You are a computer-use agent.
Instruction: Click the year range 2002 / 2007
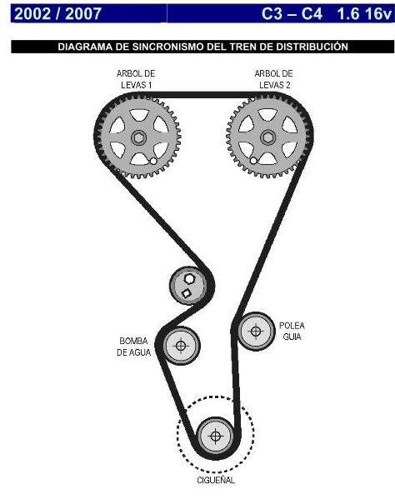pos(57,13)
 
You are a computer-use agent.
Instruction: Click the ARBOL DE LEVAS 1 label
pos(135,79)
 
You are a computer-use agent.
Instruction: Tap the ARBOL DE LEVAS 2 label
pos(272,79)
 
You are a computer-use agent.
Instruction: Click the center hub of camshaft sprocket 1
pos(138,137)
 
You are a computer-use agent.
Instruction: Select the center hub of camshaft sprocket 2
pos(267,137)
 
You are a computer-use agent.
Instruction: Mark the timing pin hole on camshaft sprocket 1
pos(155,161)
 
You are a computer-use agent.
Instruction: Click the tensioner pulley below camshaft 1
pos(189,286)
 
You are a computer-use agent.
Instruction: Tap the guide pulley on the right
pos(256,331)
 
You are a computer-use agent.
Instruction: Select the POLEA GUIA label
pos(291,332)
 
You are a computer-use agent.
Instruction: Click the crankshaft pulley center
pos(215,436)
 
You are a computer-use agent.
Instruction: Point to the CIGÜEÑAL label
pos(214,480)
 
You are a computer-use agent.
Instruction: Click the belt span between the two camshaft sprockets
pos(202,96)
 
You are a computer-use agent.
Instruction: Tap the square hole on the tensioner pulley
pos(187,293)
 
